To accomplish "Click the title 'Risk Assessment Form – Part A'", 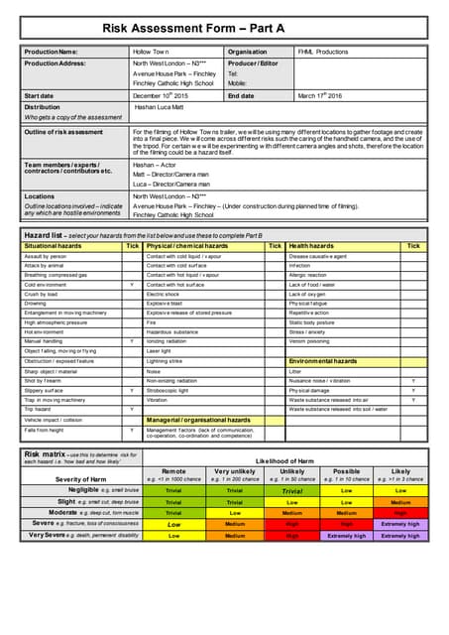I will (223, 31).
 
